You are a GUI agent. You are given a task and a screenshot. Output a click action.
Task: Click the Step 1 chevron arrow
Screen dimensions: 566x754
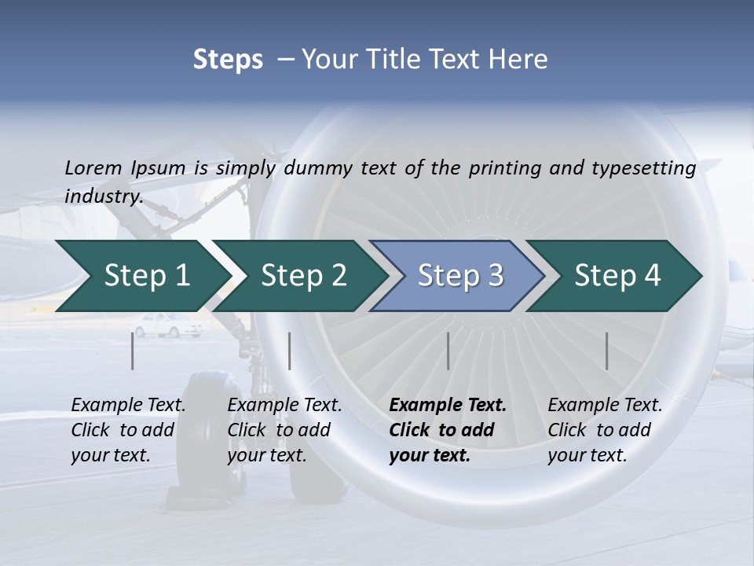point(141,276)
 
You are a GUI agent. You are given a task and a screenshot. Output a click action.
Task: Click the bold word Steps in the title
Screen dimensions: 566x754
point(228,60)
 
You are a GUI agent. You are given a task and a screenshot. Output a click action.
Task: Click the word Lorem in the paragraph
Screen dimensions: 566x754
point(93,167)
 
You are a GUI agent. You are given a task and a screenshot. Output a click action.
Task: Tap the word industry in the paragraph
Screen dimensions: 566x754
point(103,196)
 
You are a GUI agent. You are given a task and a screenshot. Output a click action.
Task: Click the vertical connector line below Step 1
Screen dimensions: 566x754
point(133,351)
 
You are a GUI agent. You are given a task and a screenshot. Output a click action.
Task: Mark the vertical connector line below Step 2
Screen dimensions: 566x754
point(290,351)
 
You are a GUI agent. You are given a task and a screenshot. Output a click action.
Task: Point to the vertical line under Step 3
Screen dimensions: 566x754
point(448,351)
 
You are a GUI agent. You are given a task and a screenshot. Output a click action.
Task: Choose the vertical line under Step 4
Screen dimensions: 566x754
point(607,351)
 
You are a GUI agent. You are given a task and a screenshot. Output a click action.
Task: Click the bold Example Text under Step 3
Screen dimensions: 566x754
point(448,406)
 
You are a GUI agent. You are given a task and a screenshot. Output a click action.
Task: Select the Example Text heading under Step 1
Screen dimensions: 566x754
point(128,406)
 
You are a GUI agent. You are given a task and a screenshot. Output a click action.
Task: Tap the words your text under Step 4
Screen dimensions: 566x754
point(587,455)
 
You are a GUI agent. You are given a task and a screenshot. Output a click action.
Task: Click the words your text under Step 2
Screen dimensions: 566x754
point(266,455)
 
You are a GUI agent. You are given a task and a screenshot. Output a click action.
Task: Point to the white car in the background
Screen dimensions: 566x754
point(166,325)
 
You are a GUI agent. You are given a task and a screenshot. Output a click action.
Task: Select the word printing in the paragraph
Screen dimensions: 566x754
point(503,168)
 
